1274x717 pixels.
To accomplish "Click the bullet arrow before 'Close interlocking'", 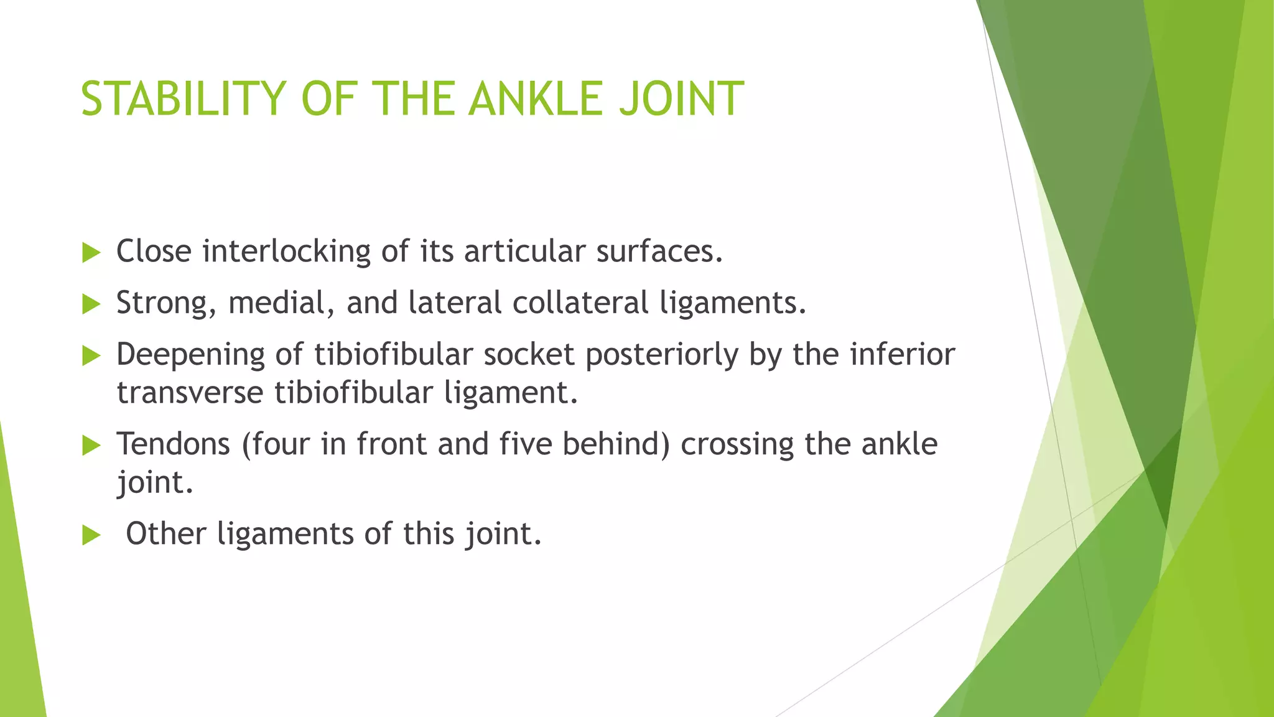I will (x=91, y=253).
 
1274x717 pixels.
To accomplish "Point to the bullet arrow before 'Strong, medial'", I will (x=91, y=304).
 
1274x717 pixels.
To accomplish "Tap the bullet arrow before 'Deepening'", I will (x=91, y=356).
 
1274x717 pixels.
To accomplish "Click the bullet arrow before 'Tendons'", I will (x=91, y=446).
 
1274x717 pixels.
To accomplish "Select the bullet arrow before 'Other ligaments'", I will (x=91, y=535).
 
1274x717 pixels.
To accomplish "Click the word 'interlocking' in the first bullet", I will (x=286, y=252).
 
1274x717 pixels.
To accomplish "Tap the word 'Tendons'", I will (x=173, y=444).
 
